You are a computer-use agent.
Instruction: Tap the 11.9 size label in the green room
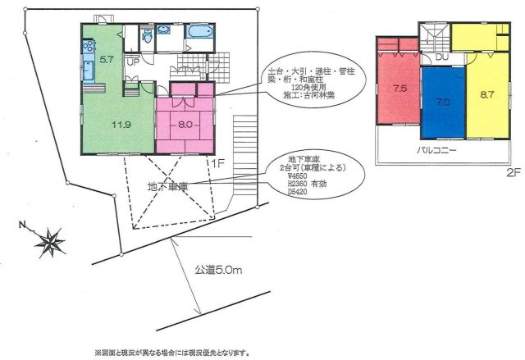coord(121,124)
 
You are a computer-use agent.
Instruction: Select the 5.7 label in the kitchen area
coord(107,60)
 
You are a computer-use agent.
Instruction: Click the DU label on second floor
coord(441,57)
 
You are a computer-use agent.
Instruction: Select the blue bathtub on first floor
coord(199,33)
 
